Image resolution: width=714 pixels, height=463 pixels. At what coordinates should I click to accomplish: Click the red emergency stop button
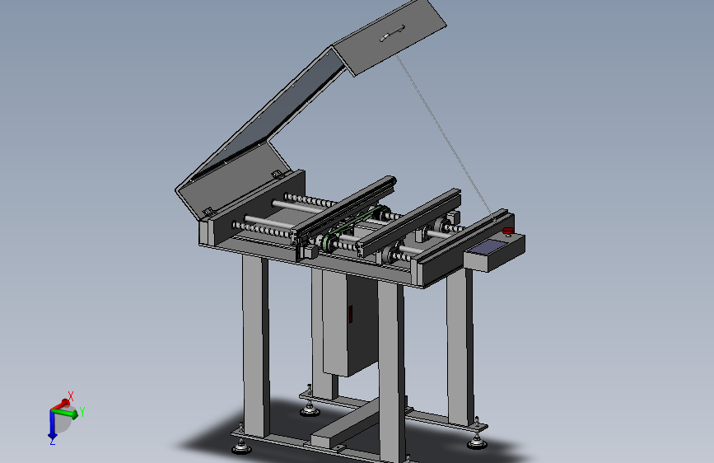click(508, 231)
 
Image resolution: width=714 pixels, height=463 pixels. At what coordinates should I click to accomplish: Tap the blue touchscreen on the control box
click(488, 247)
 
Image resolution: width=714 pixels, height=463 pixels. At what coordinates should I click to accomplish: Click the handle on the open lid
click(393, 33)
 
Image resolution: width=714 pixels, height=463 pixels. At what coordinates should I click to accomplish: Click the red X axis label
click(71, 395)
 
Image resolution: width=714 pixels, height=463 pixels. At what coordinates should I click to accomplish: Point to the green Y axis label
click(82, 412)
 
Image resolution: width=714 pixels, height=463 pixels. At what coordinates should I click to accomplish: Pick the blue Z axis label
click(53, 441)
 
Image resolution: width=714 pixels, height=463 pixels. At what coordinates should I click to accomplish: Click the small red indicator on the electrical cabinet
click(351, 315)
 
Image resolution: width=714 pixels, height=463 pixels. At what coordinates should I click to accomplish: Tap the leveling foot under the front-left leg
click(241, 447)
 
